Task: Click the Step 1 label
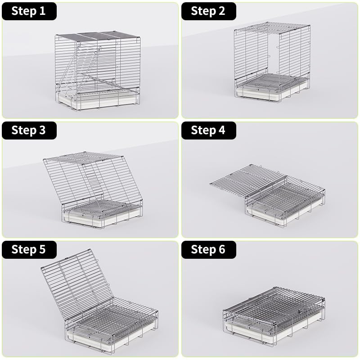pos(29,11)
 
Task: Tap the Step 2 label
pos(208,11)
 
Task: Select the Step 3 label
pos(29,130)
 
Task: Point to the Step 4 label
pos(208,130)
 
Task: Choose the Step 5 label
pos(29,249)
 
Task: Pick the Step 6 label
pos(208,249)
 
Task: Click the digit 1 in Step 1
pos(43,11)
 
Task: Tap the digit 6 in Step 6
pos(221,249)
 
